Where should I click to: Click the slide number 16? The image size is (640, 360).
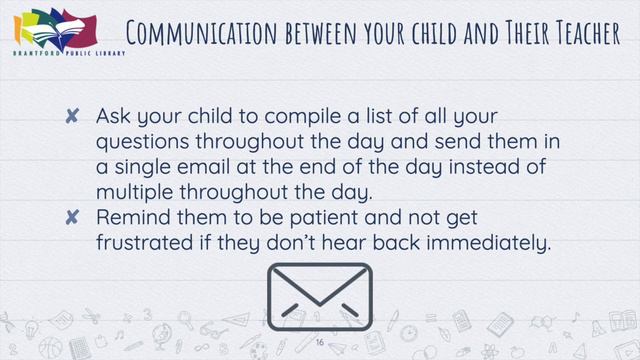point(320,342)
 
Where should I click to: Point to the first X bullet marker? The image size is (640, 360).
point(72,118)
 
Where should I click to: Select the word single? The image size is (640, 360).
point(143,166)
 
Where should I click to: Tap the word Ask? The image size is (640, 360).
point(114,118)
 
